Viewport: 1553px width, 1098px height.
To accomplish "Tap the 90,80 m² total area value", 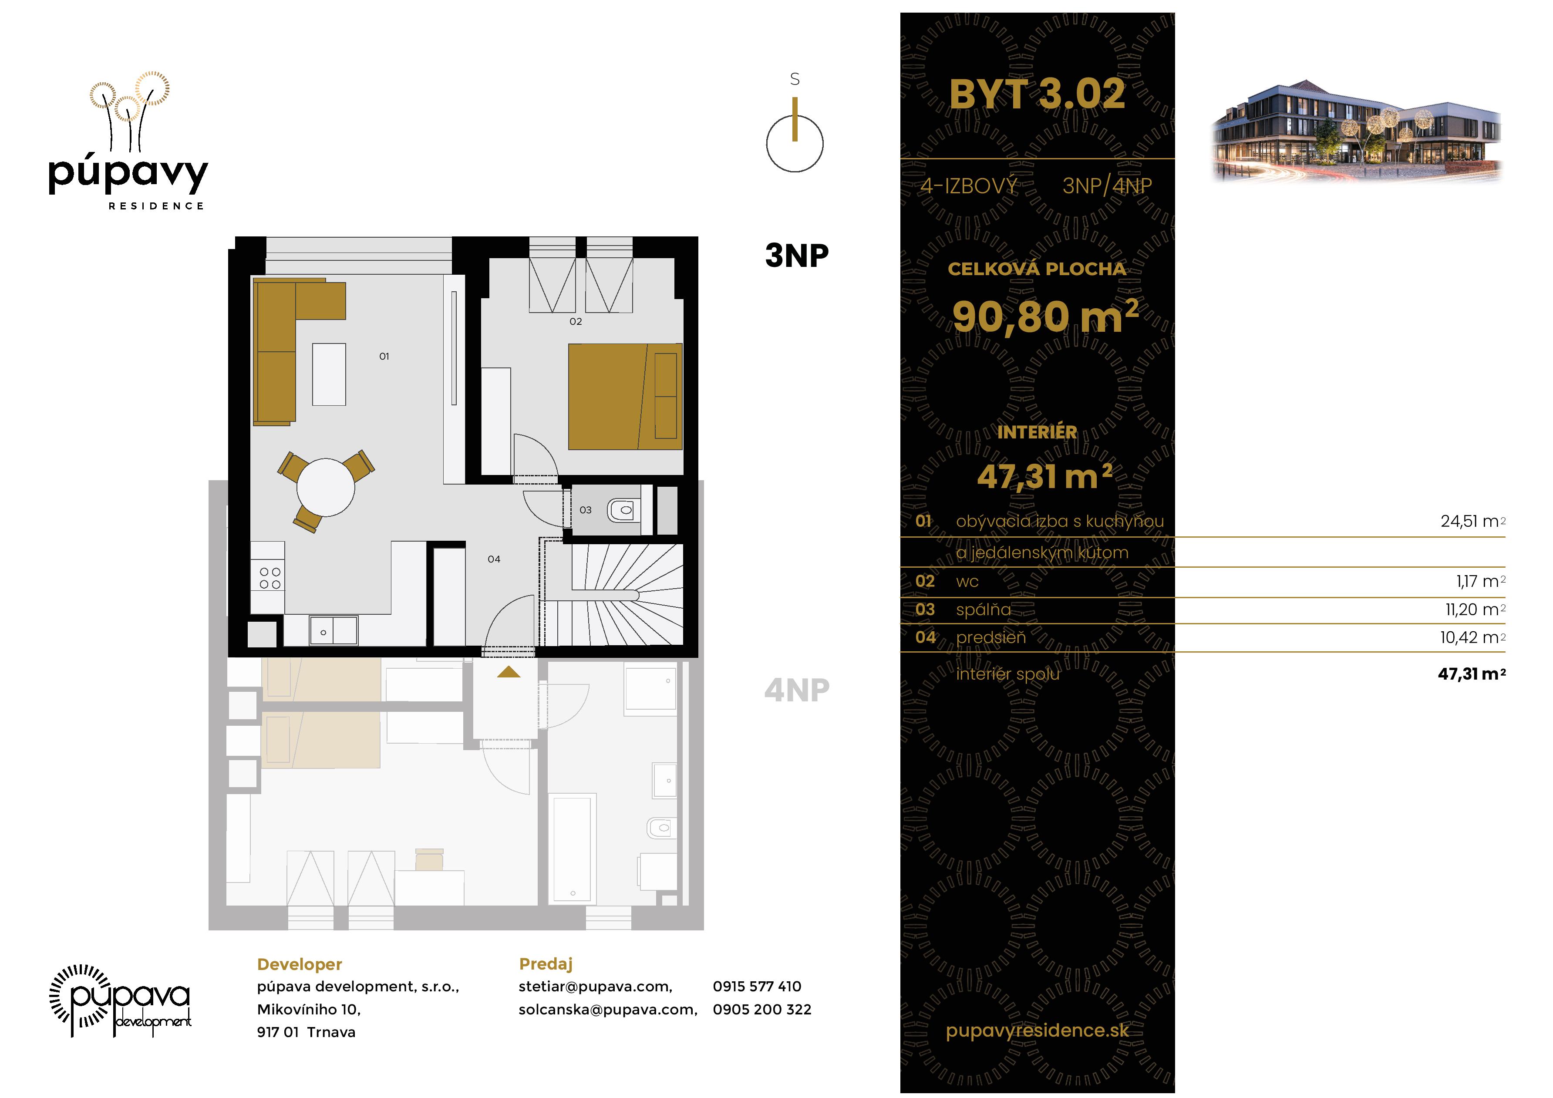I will tap(1045, 317).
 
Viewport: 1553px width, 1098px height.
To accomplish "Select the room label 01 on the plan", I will tap(384, 357).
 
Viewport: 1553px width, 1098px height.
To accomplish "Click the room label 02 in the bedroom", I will tap(576, 321).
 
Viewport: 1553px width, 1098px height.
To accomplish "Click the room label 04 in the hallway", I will tap(494, 559).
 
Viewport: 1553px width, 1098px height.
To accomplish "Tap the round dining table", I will tap(325, 488).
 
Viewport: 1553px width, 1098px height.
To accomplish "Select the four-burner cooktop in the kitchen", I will tap(270, 579).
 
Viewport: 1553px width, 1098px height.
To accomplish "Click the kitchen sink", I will tap(333, 631).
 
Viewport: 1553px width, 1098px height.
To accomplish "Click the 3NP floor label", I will tap(796, 256).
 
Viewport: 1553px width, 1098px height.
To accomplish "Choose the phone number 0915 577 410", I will tap(756, 987).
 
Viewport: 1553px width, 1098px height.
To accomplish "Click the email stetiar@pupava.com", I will tap(595, 987).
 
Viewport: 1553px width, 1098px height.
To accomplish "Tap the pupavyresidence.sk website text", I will tap(1037, 1031).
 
